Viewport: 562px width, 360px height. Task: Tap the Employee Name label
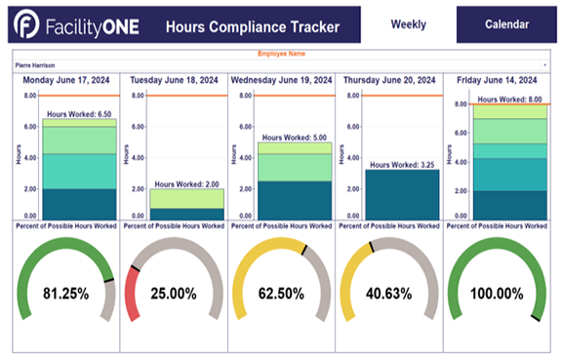click(x=282, y=54)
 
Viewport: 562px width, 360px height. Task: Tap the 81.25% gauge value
click(x=65, y=292)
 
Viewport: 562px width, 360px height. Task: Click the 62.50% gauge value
click(x=281, y=292)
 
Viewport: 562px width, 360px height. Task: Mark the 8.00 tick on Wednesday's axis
click(x=246, y=96)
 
